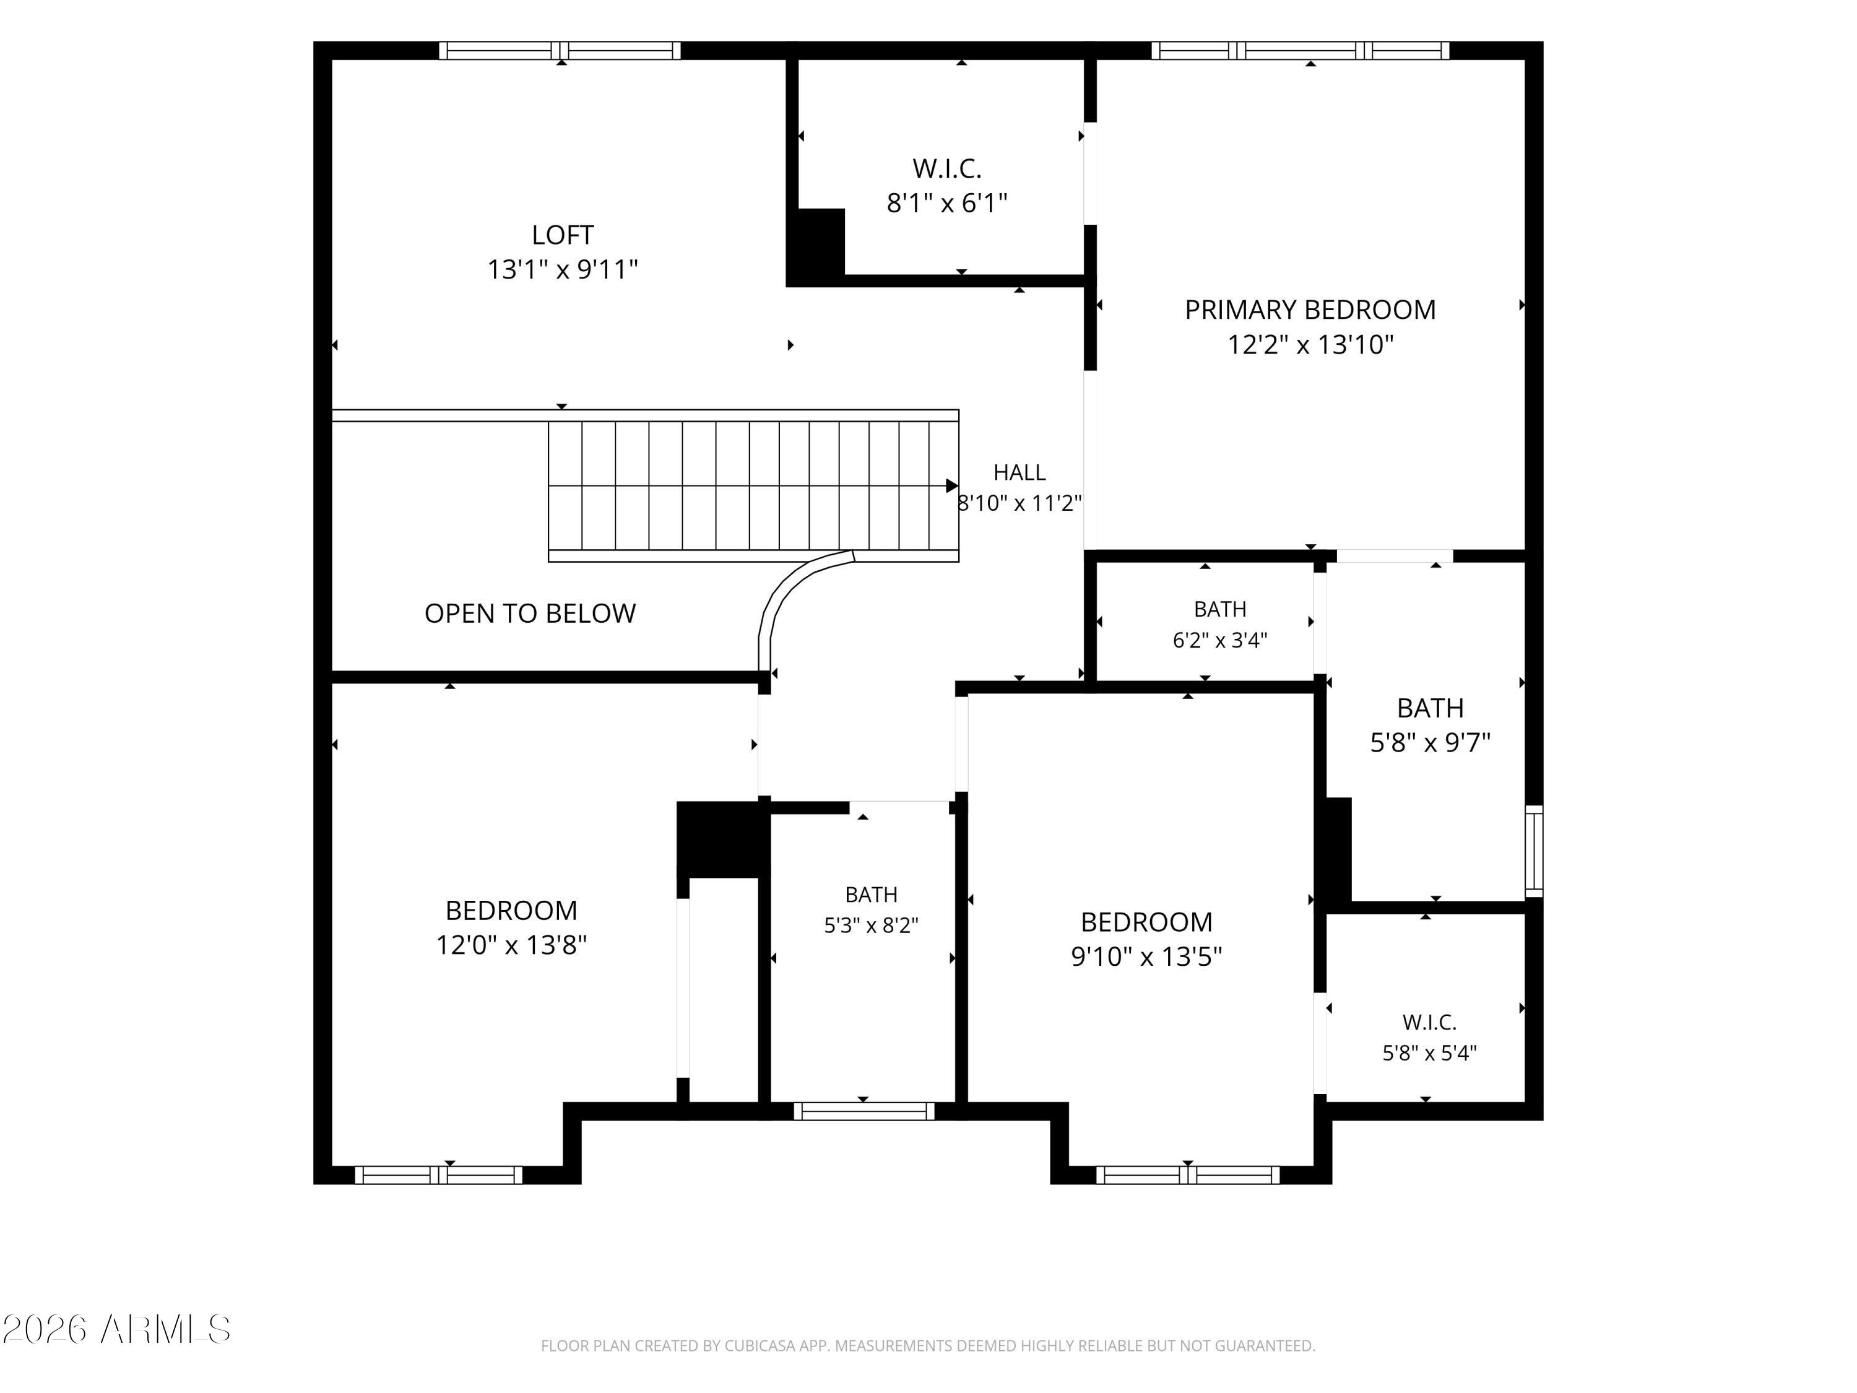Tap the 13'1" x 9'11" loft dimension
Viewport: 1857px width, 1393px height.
click(x=563, y=269)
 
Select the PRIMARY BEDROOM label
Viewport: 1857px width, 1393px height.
click(x=1310, y=310)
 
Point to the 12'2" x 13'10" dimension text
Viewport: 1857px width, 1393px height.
click(x=1310, y=344)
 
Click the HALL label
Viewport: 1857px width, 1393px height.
click(x=1019, y=473)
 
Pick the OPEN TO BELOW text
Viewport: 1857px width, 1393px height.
click(x=530, y=614)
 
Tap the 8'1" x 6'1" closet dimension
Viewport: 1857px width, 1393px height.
click(x=947, y=203)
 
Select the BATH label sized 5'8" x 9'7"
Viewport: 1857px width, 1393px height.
click(x=1431, y=708)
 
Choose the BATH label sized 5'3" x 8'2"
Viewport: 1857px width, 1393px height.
click(x=872, y=894)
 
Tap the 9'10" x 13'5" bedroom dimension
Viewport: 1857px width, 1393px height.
click(x=1146, y=957)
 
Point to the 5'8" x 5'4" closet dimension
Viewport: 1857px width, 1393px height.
click(x=1430, y=1053)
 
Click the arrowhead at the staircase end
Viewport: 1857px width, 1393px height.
click(x=952, y=485)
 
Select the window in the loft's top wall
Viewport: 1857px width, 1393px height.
click(x=560, y=50)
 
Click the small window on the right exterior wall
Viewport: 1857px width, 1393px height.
click(x=1534, y=851)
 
